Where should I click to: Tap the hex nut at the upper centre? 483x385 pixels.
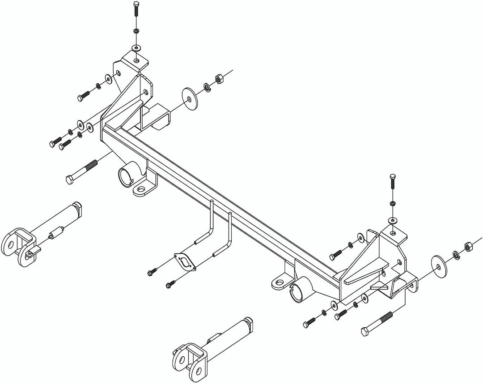coord(219,79)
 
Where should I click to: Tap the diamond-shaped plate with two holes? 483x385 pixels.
coord(186,262)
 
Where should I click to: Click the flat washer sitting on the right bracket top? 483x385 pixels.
coord(392,220)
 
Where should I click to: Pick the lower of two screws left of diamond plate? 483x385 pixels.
coord(171,283)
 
